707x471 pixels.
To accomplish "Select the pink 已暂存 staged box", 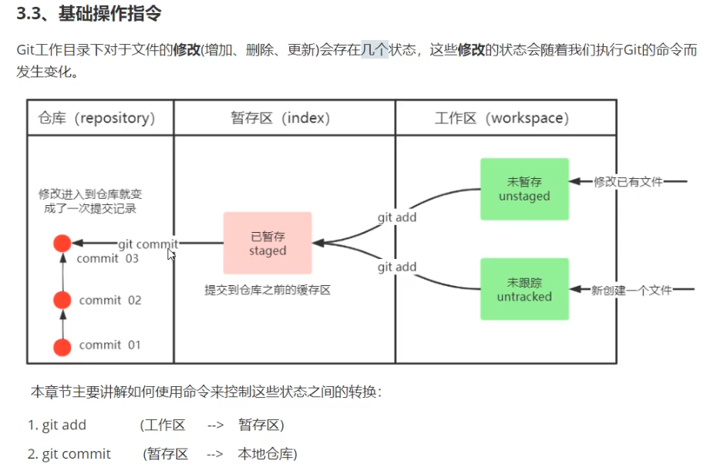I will click(x=268, y=243).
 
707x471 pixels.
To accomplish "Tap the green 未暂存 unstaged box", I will click(x=524, y=189).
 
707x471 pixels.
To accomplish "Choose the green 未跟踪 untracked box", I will click(x=524, y=289).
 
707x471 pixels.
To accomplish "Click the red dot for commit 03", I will click(x=62, y=244).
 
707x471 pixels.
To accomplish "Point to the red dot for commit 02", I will click(x=62, y=300).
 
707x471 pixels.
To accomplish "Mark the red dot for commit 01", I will click(x=62, y=346).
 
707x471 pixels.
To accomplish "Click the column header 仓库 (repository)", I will click(x=96, y=118).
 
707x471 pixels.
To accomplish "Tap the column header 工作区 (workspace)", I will click(x=502, y=118).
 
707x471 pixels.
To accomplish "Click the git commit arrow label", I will click(x=148, y=244).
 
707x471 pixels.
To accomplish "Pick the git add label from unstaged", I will click(x=397, y=217).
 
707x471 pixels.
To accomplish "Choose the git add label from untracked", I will click(x=397, y=267).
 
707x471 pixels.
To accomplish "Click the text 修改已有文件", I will click(x=628, y=182).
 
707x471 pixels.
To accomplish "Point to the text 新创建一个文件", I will click(x=631, y=290).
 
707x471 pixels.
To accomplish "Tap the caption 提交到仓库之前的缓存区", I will click(x=268, y=291).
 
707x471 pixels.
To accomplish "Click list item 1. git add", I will click(x=57, y=425).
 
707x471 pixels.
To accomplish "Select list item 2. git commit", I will click(x=69, y=454).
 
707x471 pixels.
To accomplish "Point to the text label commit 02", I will click(x=110, y=300).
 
